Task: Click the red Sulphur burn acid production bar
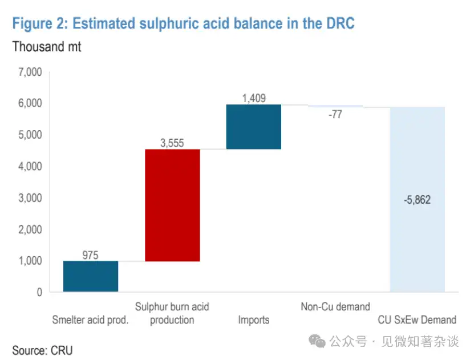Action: [172, 205]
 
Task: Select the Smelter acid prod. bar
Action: [91, 276]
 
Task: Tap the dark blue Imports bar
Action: [254, 127]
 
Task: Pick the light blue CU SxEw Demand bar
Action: [417, 199]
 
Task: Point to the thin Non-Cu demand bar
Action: [335, 106]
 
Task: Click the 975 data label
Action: [91, 255]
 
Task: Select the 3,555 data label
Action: [172, 143]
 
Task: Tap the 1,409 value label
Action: [254, 98]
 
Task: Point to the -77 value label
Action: [335, 115]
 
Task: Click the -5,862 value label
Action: [417, 200]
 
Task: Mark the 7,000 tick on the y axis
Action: [30, 72]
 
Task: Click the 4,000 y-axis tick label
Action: [30, 167]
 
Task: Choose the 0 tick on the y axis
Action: [39, 292]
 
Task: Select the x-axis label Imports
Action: [254, 319]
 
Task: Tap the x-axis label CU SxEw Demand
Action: [417, 319]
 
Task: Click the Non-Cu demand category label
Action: [335, 307]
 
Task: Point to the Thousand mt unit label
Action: [47, 47]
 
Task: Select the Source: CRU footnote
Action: [43, 350]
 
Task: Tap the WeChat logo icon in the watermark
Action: [317, 341]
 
